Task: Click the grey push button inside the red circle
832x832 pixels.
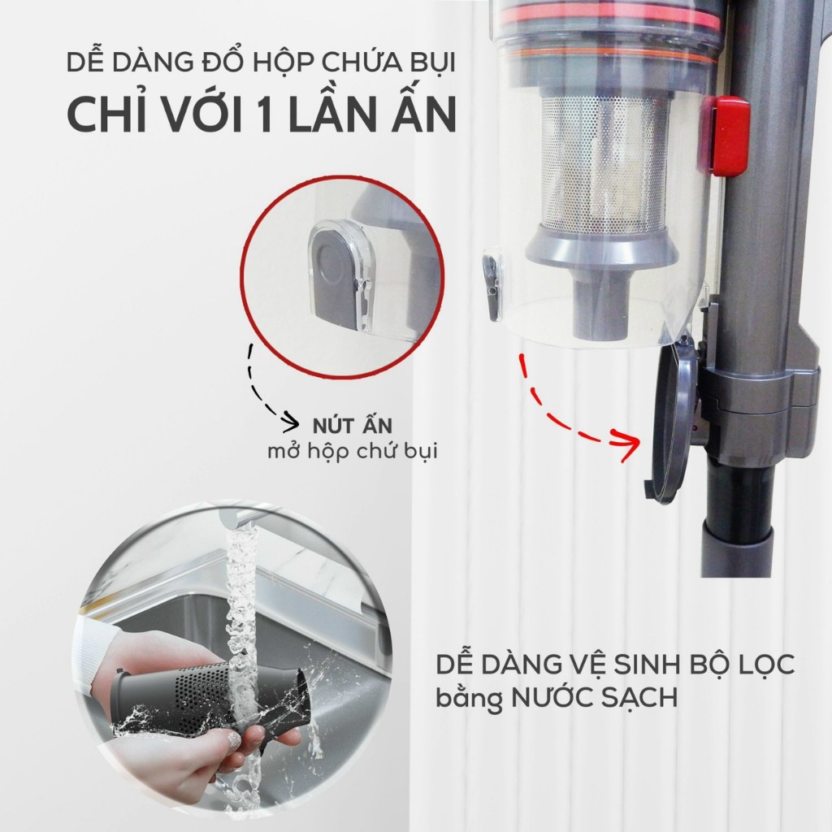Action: point(335,276)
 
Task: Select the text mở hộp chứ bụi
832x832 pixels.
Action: point(352,452)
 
